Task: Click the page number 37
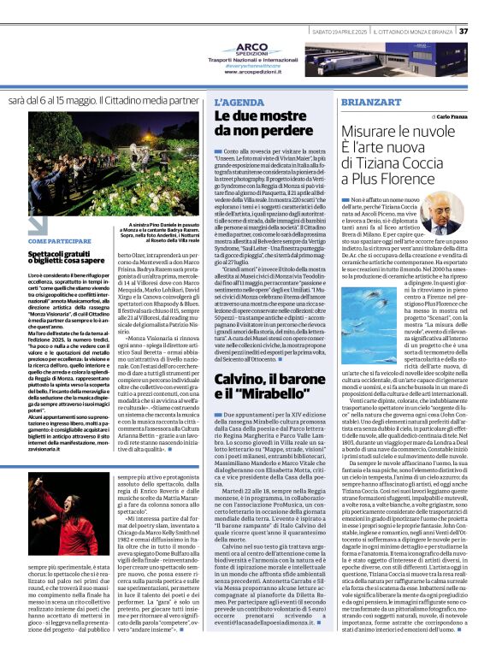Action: coord(487,32)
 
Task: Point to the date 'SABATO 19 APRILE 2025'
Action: coord(338,32)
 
